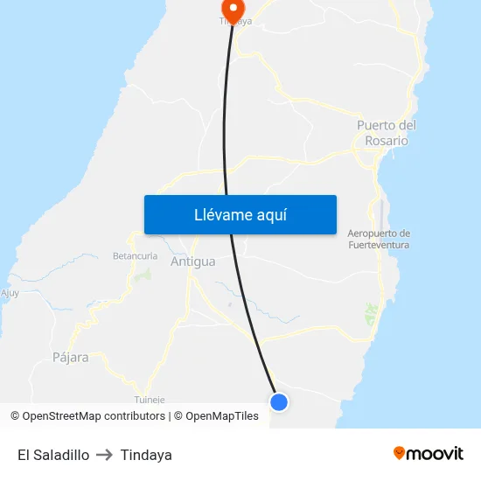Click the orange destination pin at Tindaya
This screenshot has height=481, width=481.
click(x=233, y=9)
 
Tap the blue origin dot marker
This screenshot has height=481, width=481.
click(x=279, y=402)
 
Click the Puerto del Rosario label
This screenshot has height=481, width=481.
click(x=386, y=133)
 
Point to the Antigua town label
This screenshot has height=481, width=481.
click(x=192, y=261)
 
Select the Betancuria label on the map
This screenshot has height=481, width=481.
click(x=135, y=256)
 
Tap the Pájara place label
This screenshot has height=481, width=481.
click(x=70, y=357)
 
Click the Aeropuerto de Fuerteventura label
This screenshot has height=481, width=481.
click(x=379, y=239)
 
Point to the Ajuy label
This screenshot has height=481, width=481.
click(x=10, y=293)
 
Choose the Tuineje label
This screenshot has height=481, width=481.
click(x=149, y=399)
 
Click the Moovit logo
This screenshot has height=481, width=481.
click(x=429, y=453)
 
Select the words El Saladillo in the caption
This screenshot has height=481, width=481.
click(x=52, y=455)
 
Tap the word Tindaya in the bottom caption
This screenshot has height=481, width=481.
click(x=146, y=455)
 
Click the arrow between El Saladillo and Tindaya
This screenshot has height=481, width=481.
click(x=104, y=455)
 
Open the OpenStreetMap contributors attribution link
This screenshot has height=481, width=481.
click(x=94, y=416)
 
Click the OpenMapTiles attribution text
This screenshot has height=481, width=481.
click(x=222, y=416)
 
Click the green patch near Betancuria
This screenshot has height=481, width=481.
click(x=143, y=275)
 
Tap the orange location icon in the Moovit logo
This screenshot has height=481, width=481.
click(x=400, y=453)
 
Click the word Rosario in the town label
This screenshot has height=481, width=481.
click(x=387, y=141)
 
